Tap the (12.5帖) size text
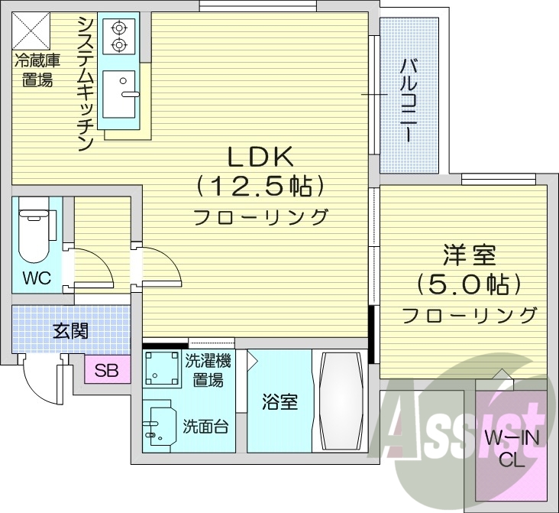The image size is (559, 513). (260, 186)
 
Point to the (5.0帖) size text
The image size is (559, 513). (468, 284)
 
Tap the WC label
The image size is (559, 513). (36, 278)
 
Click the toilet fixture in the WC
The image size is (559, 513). (34, 229)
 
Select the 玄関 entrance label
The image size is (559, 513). (69, 331)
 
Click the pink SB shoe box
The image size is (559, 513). (106, 372)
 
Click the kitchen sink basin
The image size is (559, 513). (120, 93)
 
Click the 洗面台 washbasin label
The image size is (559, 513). (205, 427)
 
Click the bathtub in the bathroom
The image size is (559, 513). (340, 401)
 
